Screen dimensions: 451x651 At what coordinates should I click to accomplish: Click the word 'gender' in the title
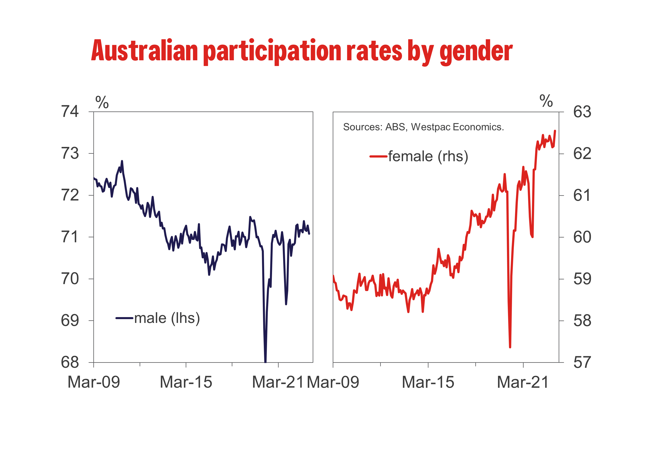pyautogui.click(x=476, y=52)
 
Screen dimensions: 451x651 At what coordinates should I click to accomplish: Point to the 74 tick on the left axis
pyautogui.click(x=70, y=112)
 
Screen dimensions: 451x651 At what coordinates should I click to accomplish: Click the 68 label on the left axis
pyautogui.click(x=70, y=362)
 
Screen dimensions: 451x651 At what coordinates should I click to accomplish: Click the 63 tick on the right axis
pyautogui.click(x=582, y=112)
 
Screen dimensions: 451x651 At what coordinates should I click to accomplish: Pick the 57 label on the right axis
pyautogui.click(x=582, y=362)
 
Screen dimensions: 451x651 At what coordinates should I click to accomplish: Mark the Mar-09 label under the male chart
pyautogui.click(x=94, y=382)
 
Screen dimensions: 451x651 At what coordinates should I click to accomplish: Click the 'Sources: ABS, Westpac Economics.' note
pyautogui.click(x=423, y=127)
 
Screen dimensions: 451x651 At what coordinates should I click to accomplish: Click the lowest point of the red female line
pyautogui.click(x=510, y=347)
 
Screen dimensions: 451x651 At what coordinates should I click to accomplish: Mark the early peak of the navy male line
pyautogui.click(x=122, y=161)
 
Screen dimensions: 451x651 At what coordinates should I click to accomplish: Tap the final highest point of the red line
pyautogui.click(x=555, y=131)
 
